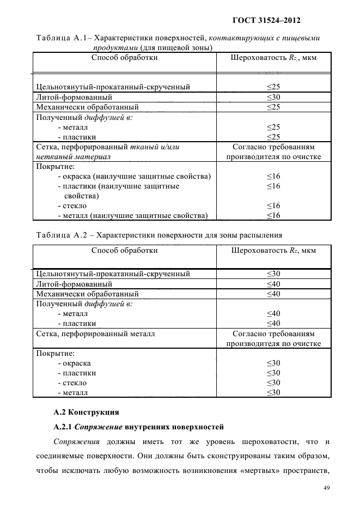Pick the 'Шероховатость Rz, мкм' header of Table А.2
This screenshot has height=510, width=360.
(x=273, y=251)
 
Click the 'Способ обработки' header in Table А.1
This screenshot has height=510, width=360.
(x=124, y=57)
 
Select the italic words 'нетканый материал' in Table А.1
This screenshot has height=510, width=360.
(x=73, y=157)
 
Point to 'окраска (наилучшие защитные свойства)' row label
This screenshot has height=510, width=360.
(x=134, y=177)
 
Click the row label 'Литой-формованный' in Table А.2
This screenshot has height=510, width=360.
(x=74, y=284)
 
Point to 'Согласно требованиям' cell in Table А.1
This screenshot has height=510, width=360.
(x=273, y=147)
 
